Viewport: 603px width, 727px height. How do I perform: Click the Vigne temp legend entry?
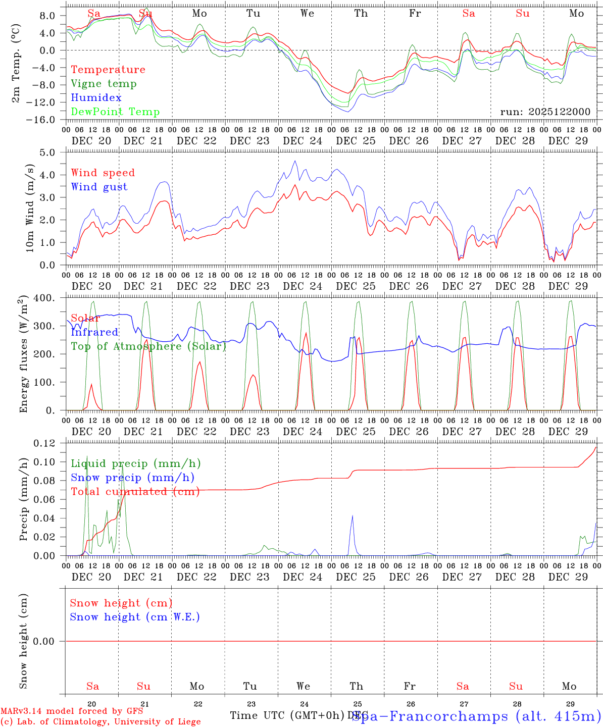[104, 84]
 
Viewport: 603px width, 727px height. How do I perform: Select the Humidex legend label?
[96, 98]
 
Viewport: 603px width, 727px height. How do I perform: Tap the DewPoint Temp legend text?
[115, 112]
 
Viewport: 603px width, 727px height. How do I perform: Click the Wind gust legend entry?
[99, 187]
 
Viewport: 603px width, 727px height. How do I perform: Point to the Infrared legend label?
[94, 332]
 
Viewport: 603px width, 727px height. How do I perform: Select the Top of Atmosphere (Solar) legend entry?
[148, 346]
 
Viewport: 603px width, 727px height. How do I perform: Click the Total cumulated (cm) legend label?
[135, 492]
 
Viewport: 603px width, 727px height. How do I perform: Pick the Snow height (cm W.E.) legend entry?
[135, 617]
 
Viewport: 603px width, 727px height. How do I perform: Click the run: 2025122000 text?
[545, 112]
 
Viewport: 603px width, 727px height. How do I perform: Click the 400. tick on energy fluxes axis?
[45, 298]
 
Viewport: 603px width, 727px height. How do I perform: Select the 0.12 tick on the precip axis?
[44, 443]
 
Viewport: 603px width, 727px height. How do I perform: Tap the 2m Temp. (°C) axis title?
[16, 65]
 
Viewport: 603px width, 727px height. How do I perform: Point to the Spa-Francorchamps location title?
[476, 716]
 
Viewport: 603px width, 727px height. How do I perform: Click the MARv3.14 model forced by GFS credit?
[71, 711]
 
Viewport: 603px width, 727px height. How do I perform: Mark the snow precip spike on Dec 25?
[352, 515]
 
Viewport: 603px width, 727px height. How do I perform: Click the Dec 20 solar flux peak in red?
[91, 384]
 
